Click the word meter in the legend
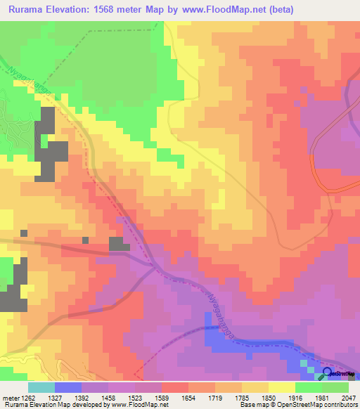pyautogui.click(x=10, y=397)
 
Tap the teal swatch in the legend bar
pyautogui.click(x=41, y=387)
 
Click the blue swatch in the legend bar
pyautogui.click(x=68, y=387)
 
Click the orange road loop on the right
pyautogui.click(x=314, y=169)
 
